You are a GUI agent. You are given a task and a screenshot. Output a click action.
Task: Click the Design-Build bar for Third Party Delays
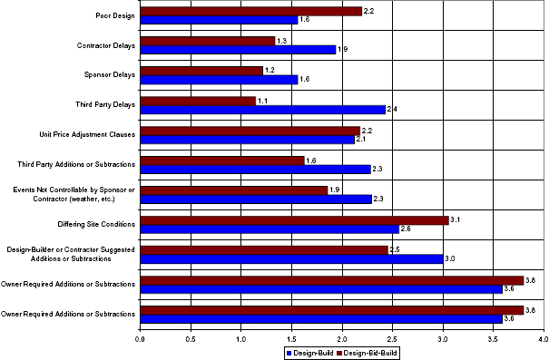pos(263,110)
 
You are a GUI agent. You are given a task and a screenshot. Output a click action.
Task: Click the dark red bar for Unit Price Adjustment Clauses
pos(250,131)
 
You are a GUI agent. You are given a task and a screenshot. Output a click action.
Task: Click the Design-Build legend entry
pos(312,352)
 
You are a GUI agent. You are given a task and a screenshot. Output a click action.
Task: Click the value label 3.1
pos(456,219)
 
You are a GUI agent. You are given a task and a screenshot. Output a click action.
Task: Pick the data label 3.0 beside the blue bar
pos(450,258)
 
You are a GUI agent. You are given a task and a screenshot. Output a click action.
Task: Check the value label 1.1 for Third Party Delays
pos(262,101)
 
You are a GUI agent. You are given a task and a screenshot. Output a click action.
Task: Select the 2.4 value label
pos(392,110)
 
